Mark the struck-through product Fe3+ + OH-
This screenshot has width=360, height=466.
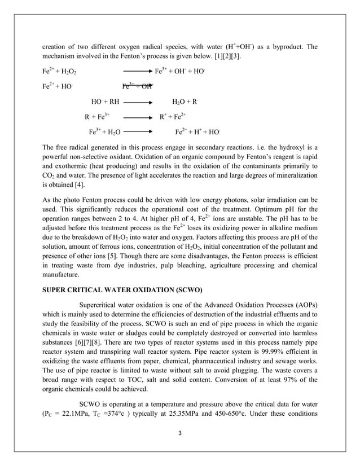coord(137,87)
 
